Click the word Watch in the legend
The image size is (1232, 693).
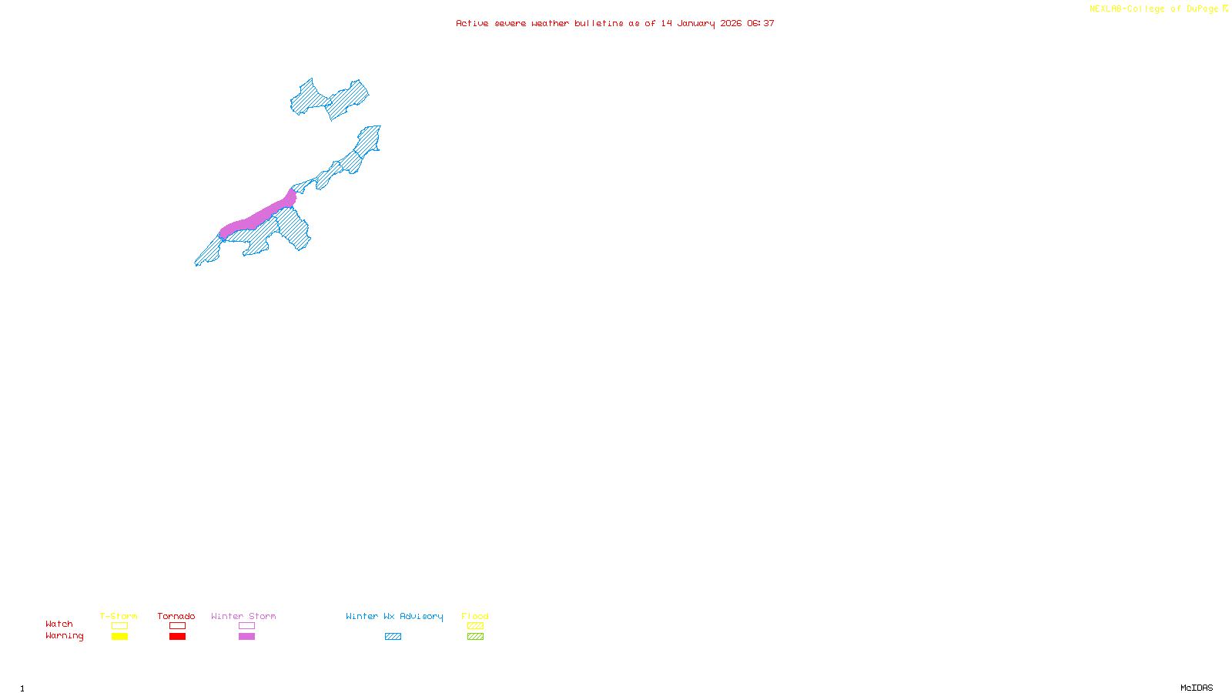59,624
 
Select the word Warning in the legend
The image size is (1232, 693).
64,636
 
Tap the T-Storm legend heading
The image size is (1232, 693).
119,616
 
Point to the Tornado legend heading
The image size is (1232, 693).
176,616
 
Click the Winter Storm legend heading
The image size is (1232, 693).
243,616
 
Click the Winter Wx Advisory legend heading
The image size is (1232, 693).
394,616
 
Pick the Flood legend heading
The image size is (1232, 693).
475,616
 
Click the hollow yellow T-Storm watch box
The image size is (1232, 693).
119,626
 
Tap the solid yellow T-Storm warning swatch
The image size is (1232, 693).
119,637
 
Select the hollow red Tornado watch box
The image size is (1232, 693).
177,626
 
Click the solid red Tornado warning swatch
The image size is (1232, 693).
177,637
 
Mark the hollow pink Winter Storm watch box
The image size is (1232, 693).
246,626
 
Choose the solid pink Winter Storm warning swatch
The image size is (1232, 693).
246,637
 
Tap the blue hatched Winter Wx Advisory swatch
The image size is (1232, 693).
393,637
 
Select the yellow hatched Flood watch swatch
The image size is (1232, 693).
475,626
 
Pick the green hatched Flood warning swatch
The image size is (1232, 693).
475,637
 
